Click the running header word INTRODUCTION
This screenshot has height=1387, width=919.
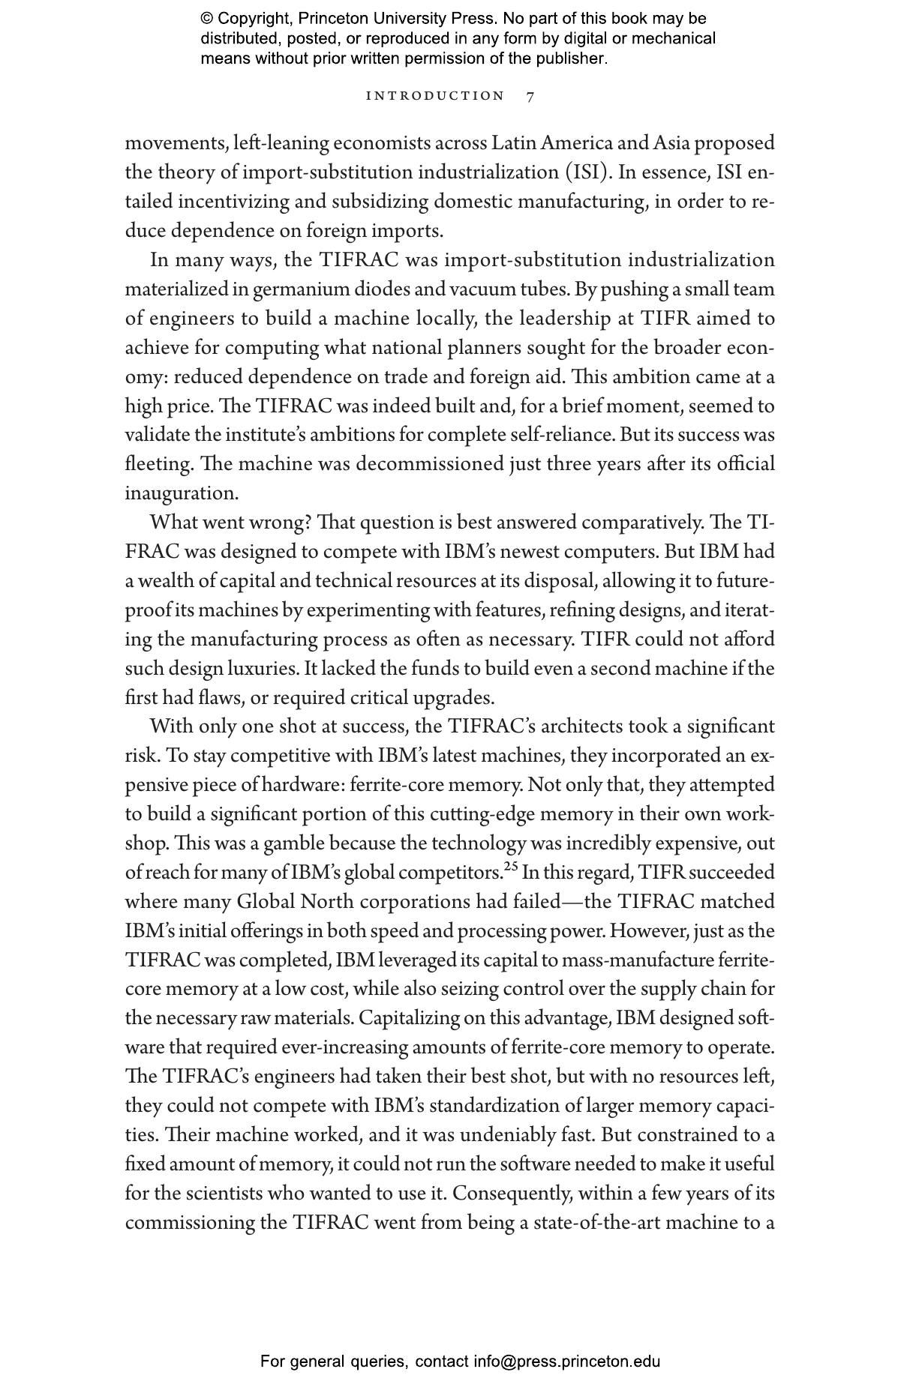coord(435,96)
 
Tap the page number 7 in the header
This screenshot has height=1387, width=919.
coord(530,97)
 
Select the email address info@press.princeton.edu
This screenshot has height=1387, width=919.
coord(566,1362)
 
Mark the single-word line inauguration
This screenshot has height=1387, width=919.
coord(180,493)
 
